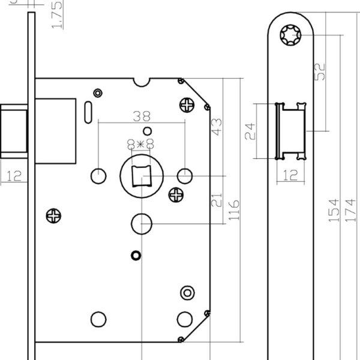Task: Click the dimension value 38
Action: [142, 116]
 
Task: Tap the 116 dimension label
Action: [235, 209]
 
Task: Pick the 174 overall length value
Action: [351, 209]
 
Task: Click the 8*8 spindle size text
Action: [142, 143]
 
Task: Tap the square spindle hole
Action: [142, 175]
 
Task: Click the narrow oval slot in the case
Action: [89, 110]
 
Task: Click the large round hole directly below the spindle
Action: [142, 223]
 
